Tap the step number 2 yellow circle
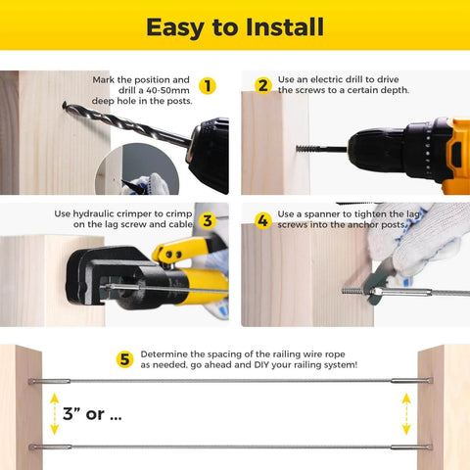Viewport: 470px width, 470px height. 262,85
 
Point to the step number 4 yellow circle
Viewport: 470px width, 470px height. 262,220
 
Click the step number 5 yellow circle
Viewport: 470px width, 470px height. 125,359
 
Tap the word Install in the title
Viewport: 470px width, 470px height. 284,26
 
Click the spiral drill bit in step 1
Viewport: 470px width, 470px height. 117,121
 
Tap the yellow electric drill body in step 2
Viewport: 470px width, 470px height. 411,147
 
